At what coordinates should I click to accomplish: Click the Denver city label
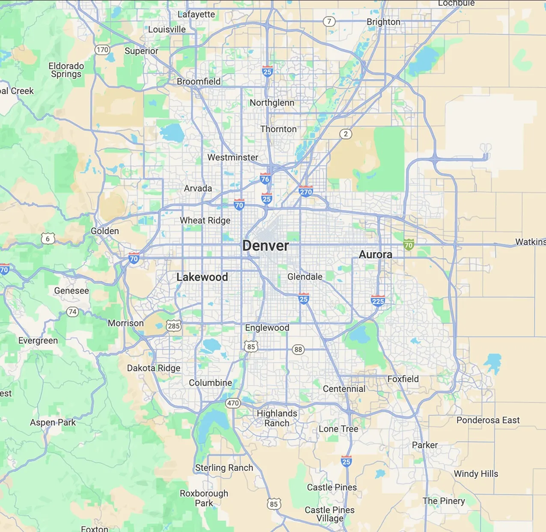click(265, 246)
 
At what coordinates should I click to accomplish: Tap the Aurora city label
click(375, 255)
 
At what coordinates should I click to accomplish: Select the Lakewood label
click(202, 277)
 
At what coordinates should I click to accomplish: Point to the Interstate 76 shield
click(265, 179)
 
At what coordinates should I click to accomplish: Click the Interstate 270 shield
click(306, 191)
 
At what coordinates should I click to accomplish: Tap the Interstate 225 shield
click(378, 301)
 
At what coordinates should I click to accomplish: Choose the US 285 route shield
click(174, 326)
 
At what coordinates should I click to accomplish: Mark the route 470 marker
click(233, 403)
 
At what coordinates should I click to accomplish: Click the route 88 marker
click(298, 349)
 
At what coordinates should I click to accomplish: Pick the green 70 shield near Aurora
click(409, 245)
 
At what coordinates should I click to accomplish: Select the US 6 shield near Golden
click(48, 239)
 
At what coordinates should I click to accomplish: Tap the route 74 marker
click(73, 312)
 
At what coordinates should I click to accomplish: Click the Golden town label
click(105, 231)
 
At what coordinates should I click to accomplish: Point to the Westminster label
click(233, 158)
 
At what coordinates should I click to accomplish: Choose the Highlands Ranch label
click(277, 418)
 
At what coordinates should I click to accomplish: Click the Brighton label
click(383, 22)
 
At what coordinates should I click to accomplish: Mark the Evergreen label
click(38, 341)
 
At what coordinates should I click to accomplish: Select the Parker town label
click(424, 445)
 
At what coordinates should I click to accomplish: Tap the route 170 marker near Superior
click(102, 50)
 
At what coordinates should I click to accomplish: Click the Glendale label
click(305, 277)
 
